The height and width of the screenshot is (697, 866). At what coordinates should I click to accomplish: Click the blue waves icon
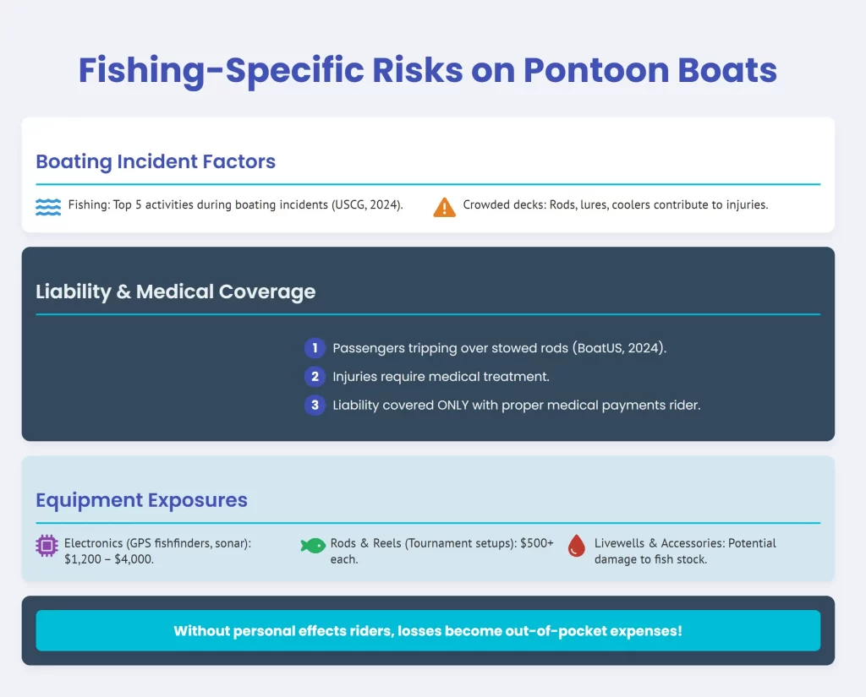(x=48, y=207)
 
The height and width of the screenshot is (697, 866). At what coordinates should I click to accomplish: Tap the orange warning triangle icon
(x=444, y=208)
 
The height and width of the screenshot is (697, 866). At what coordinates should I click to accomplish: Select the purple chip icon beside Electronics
(x=47, y=546)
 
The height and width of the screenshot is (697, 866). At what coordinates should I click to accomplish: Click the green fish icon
(x=313, y=546)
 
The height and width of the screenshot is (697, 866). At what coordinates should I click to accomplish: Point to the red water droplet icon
(x=577, y=546)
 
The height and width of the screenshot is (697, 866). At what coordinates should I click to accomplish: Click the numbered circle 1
(x=315, y=348)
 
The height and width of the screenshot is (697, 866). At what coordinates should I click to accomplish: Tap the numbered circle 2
(x=315, y=377)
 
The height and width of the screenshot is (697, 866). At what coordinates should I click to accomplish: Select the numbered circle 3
(x=315, y=405)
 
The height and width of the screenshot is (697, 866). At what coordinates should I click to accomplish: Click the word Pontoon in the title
(x=595, y=70)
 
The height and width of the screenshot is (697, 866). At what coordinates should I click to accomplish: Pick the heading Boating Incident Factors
(x=156, y=161)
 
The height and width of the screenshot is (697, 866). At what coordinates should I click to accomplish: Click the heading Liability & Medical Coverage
(x=176, y=291)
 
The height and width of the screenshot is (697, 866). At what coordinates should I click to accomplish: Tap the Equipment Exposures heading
(x=142, y=500)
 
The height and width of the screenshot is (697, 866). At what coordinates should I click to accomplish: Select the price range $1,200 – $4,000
(x=108, y=559)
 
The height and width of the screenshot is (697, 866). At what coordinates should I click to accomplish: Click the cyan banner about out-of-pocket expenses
(x=428, y=631)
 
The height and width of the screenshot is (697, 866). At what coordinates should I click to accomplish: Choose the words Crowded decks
(x=503, y=204)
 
